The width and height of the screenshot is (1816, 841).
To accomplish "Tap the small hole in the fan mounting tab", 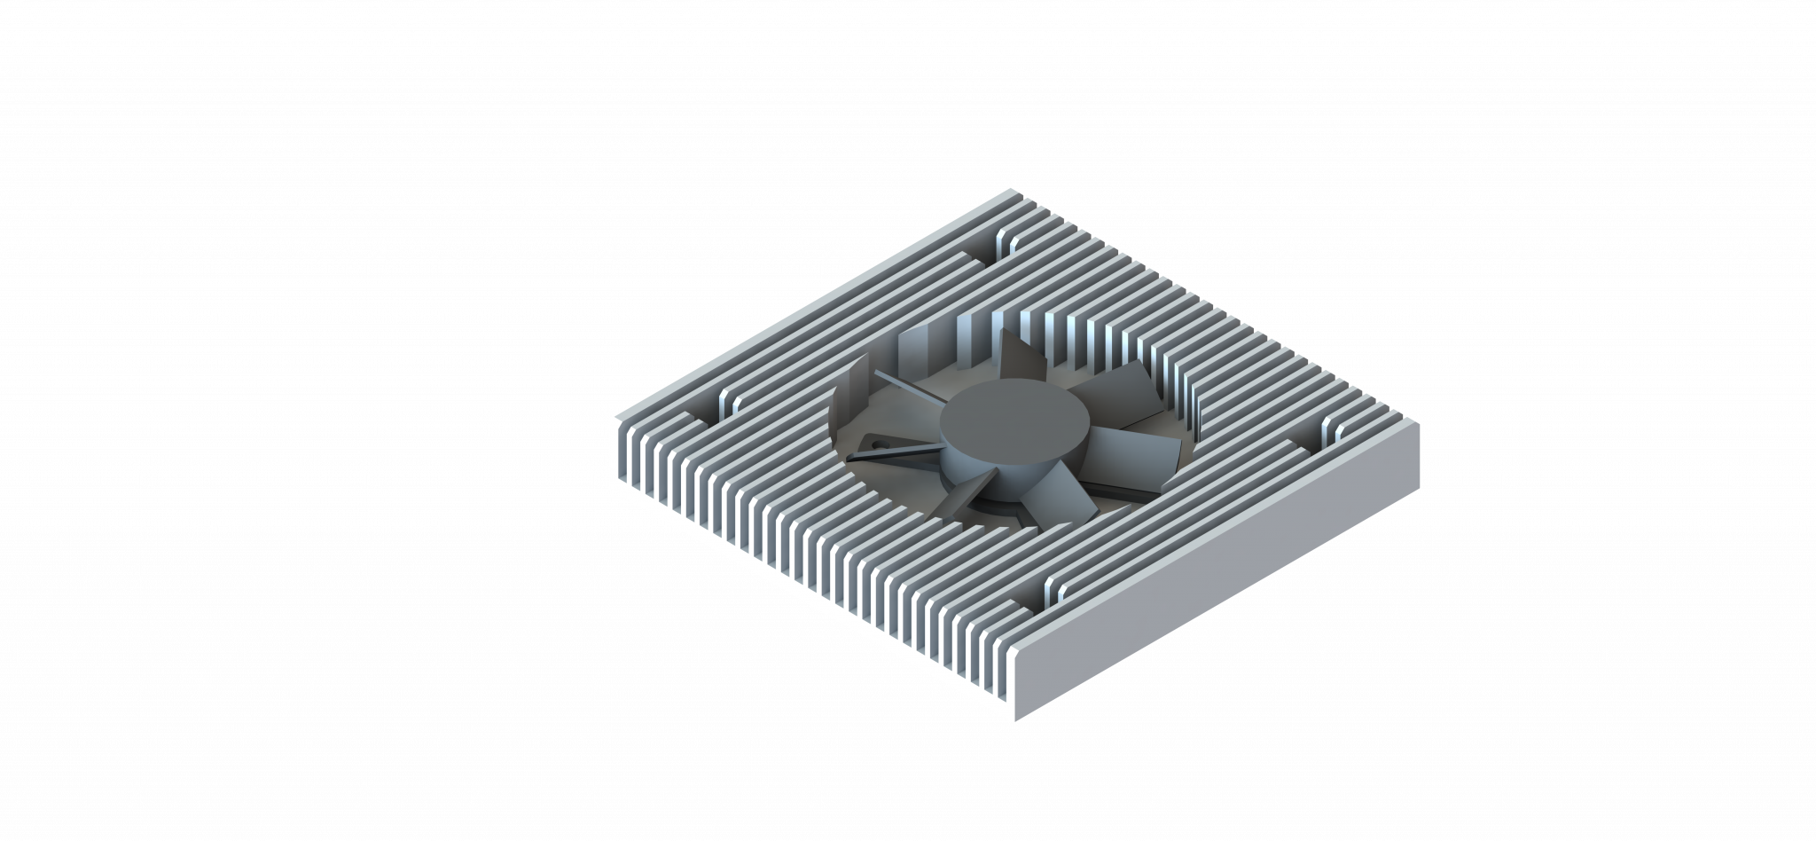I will coord(873,443).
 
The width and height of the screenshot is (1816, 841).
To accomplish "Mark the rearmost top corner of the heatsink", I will coord(1012,190).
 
